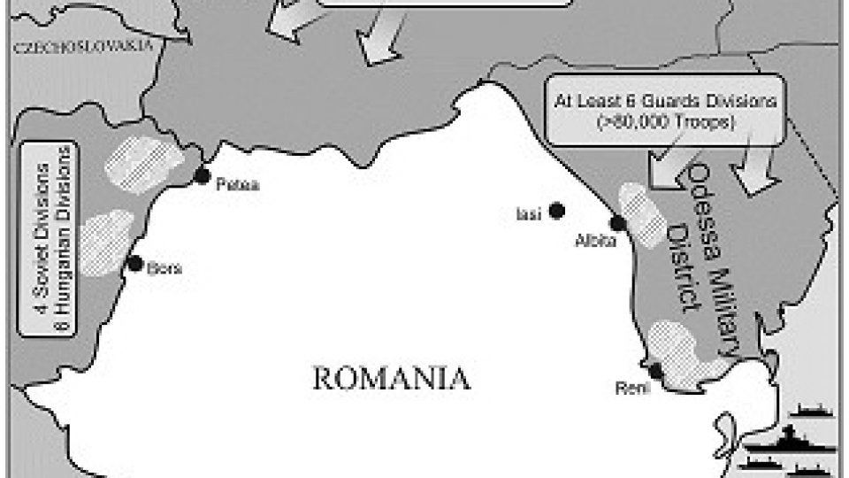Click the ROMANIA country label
click(x=391, y=379)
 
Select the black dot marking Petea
click(x=203, y=174)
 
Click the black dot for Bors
click(x=134, y=263)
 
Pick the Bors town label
click(x=164, y=268)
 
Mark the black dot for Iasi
click(x=556, y=210)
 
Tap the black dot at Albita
click(x=616, y=222)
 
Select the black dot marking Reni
click(x=655, y=370)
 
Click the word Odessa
click(x=706, y=199)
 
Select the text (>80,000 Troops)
click(x=665, y=122)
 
